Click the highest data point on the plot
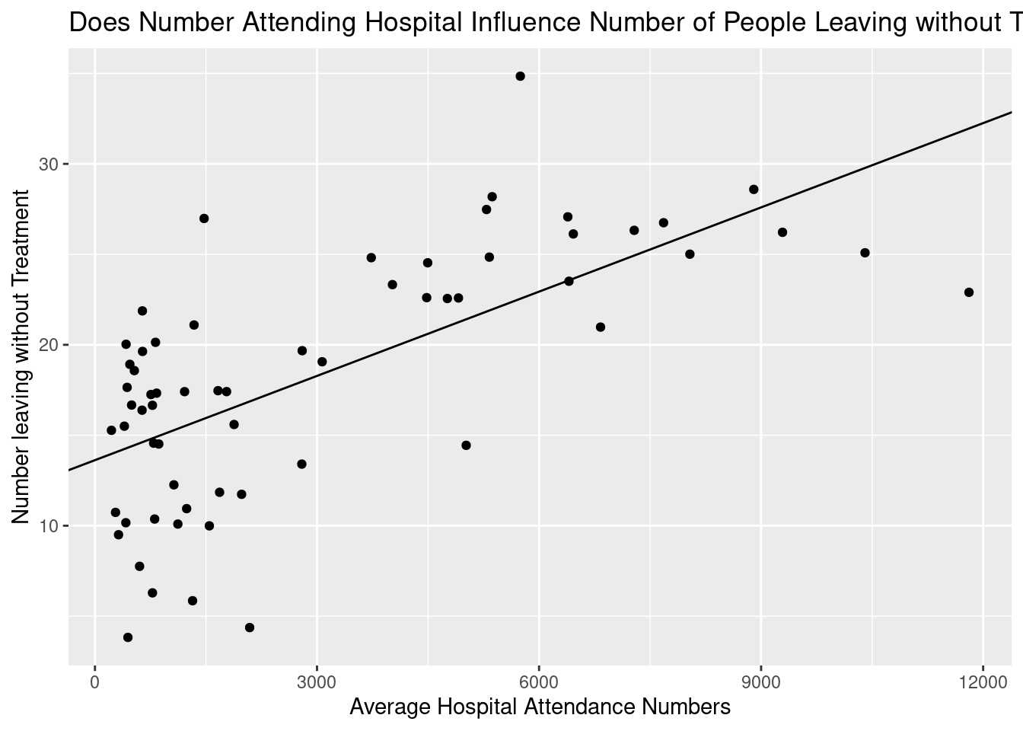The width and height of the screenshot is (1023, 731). click(x=520, y=76)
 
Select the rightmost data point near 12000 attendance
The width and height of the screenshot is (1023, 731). click(x=968, y=292)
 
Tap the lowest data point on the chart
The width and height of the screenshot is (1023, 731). click(x=128, y=637)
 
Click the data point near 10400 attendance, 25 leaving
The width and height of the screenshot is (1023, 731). click(x=865, y=253)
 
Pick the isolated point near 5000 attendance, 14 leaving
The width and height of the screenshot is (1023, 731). click(x=466, y=445)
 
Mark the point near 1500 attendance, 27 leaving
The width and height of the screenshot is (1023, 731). click(x=204, y=219)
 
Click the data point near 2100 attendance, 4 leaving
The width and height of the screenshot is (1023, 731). click(x=250, y=627)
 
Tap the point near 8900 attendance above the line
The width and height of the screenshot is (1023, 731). click(x=754, y=190)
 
